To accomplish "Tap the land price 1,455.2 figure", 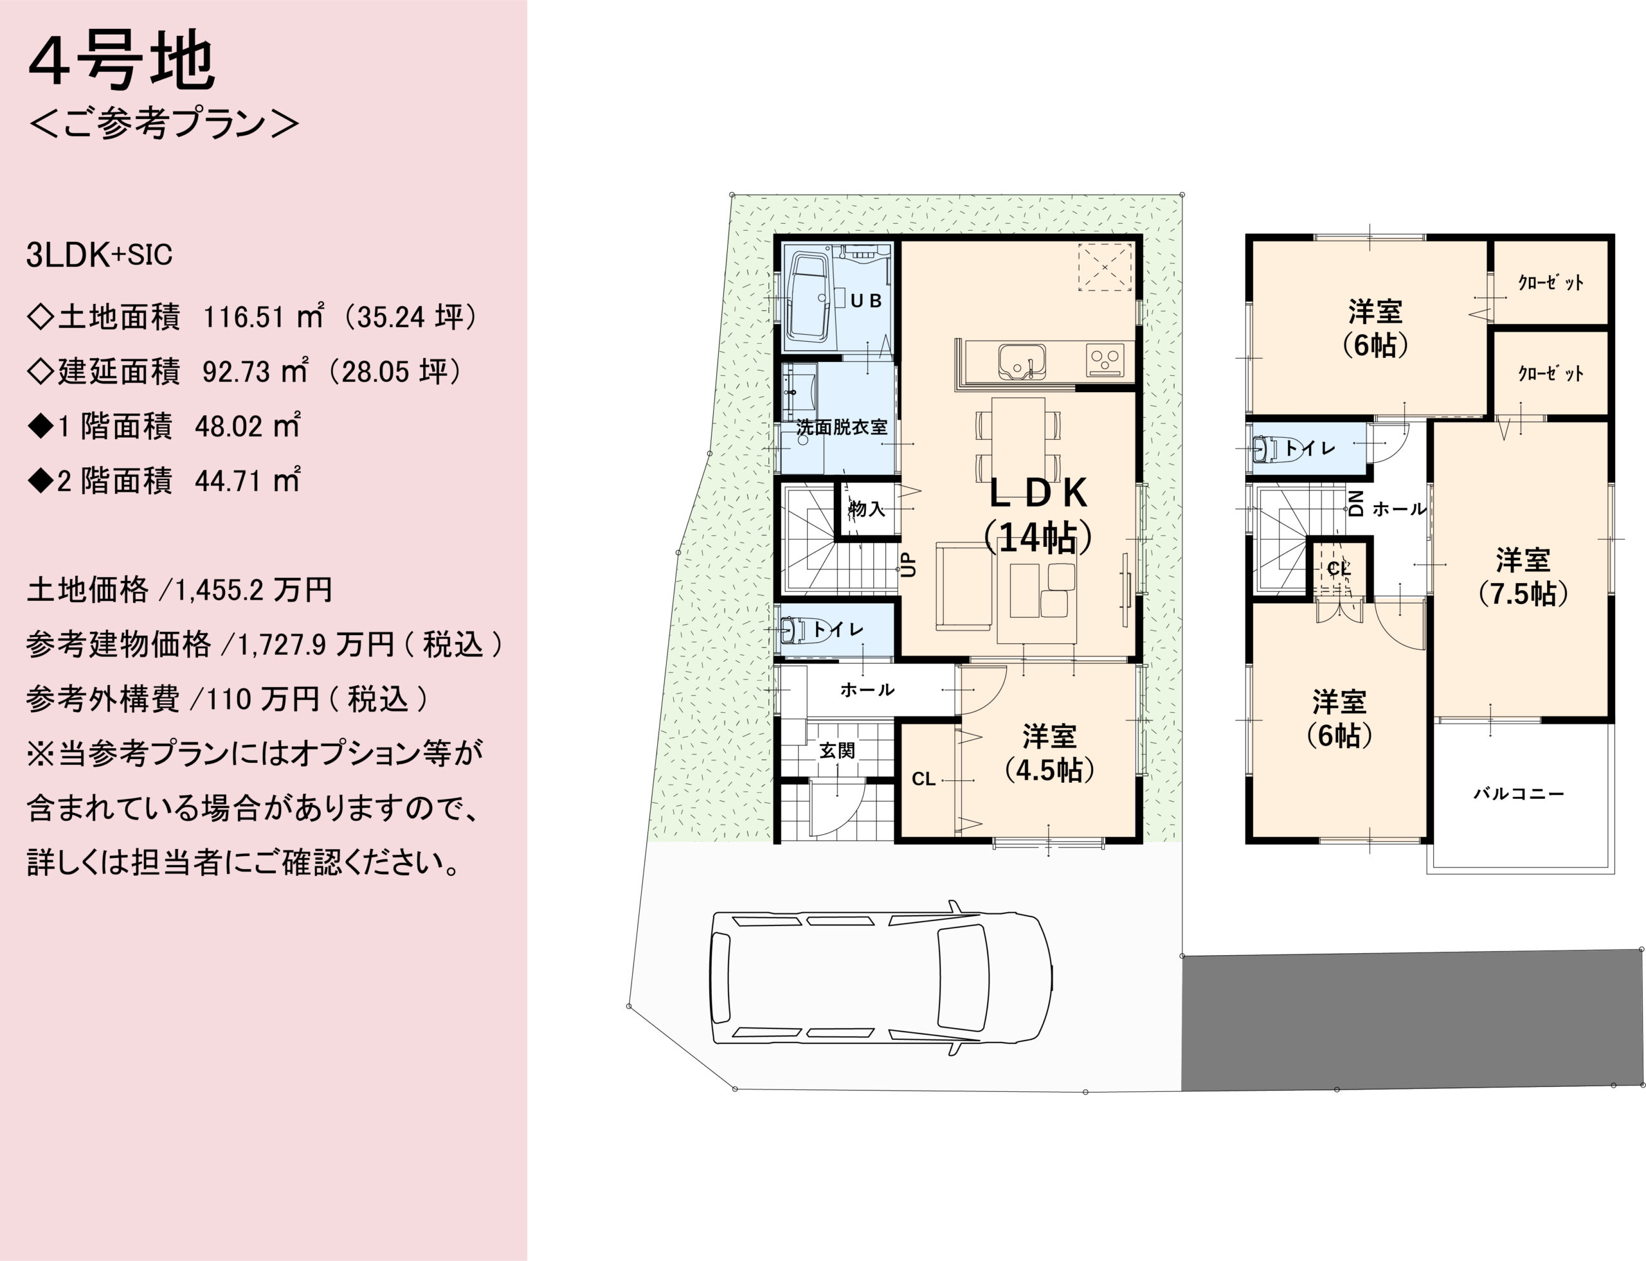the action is (x=219, y=591).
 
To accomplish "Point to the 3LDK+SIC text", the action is (x=99, y=255).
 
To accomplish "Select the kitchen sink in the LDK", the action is (x=1022, y=361).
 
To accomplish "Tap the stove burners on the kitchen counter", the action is (x=1105, y=359).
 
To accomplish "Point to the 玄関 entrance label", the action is (x=837, y=750).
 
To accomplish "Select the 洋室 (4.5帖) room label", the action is (x=1049, y=753).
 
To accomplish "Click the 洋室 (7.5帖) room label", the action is (x=1523, y=577).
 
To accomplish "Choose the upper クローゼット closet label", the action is (x=1551, y=282).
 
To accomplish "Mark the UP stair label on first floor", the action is (x=909, y=564).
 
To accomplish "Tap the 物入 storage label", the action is (x=867, y=509).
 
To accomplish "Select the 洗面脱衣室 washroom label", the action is (x=842, y=427).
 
